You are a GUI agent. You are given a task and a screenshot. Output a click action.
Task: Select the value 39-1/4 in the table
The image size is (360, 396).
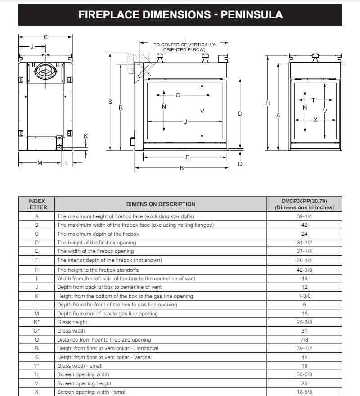[x=304, y=216]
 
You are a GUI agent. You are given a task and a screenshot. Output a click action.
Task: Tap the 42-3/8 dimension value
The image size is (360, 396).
[x=304, y=270]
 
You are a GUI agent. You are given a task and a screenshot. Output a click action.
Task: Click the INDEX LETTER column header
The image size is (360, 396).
[x=36, y=204]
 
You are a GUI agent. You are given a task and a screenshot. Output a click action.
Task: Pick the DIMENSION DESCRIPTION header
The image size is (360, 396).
[x=161, y=204]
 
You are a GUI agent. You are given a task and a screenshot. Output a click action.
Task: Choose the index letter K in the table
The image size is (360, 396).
[x=36, y=296]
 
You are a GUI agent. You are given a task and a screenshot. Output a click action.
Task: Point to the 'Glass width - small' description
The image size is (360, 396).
[x=80, y=366]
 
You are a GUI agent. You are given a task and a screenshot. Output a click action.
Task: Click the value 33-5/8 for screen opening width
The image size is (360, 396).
[x=304, y=375]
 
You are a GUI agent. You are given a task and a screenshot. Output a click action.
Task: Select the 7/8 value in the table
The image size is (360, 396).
[x=304, y=340]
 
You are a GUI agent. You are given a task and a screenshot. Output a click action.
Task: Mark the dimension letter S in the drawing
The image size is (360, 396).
[x=110, y=102]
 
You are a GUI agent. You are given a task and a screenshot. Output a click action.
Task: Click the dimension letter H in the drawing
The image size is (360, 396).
[x=268, y=103]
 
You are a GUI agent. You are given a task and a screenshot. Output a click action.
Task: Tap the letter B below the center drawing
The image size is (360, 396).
[x=182, y=168]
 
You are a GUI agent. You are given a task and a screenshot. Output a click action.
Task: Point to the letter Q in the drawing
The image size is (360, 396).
[x=240, y=164]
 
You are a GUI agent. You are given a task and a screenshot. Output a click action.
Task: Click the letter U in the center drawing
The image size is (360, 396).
[x=184, y=121]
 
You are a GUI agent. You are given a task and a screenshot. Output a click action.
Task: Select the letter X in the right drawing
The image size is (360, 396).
[x=315, y=120]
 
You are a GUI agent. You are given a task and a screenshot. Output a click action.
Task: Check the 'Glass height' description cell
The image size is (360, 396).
[x=72, y=322]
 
